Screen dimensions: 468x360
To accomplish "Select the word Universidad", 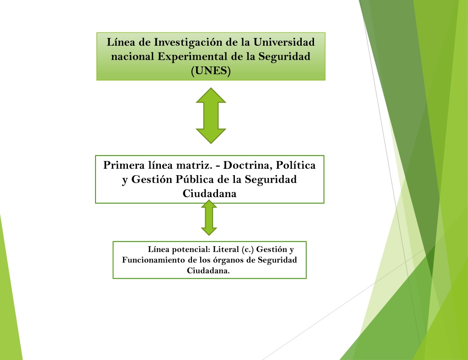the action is (284, 42).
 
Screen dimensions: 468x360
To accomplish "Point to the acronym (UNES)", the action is (211, 71).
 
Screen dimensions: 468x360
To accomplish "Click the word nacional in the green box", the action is (133, 56).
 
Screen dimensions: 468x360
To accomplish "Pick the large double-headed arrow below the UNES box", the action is (211, 116).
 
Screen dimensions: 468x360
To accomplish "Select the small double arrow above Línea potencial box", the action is (209, 217).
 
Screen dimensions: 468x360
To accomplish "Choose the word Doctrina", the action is (247, 165).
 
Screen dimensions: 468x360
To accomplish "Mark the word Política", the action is (296, 165).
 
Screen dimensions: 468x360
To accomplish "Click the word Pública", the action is (195, 179).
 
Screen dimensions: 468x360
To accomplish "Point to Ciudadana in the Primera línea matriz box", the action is (209, 193).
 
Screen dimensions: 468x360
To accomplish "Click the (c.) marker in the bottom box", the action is (248, 249).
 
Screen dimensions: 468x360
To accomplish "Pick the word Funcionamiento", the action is (154, 260).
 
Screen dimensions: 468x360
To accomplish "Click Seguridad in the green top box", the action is (284, 57).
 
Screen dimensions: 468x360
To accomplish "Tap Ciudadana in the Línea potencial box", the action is (208, 271).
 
